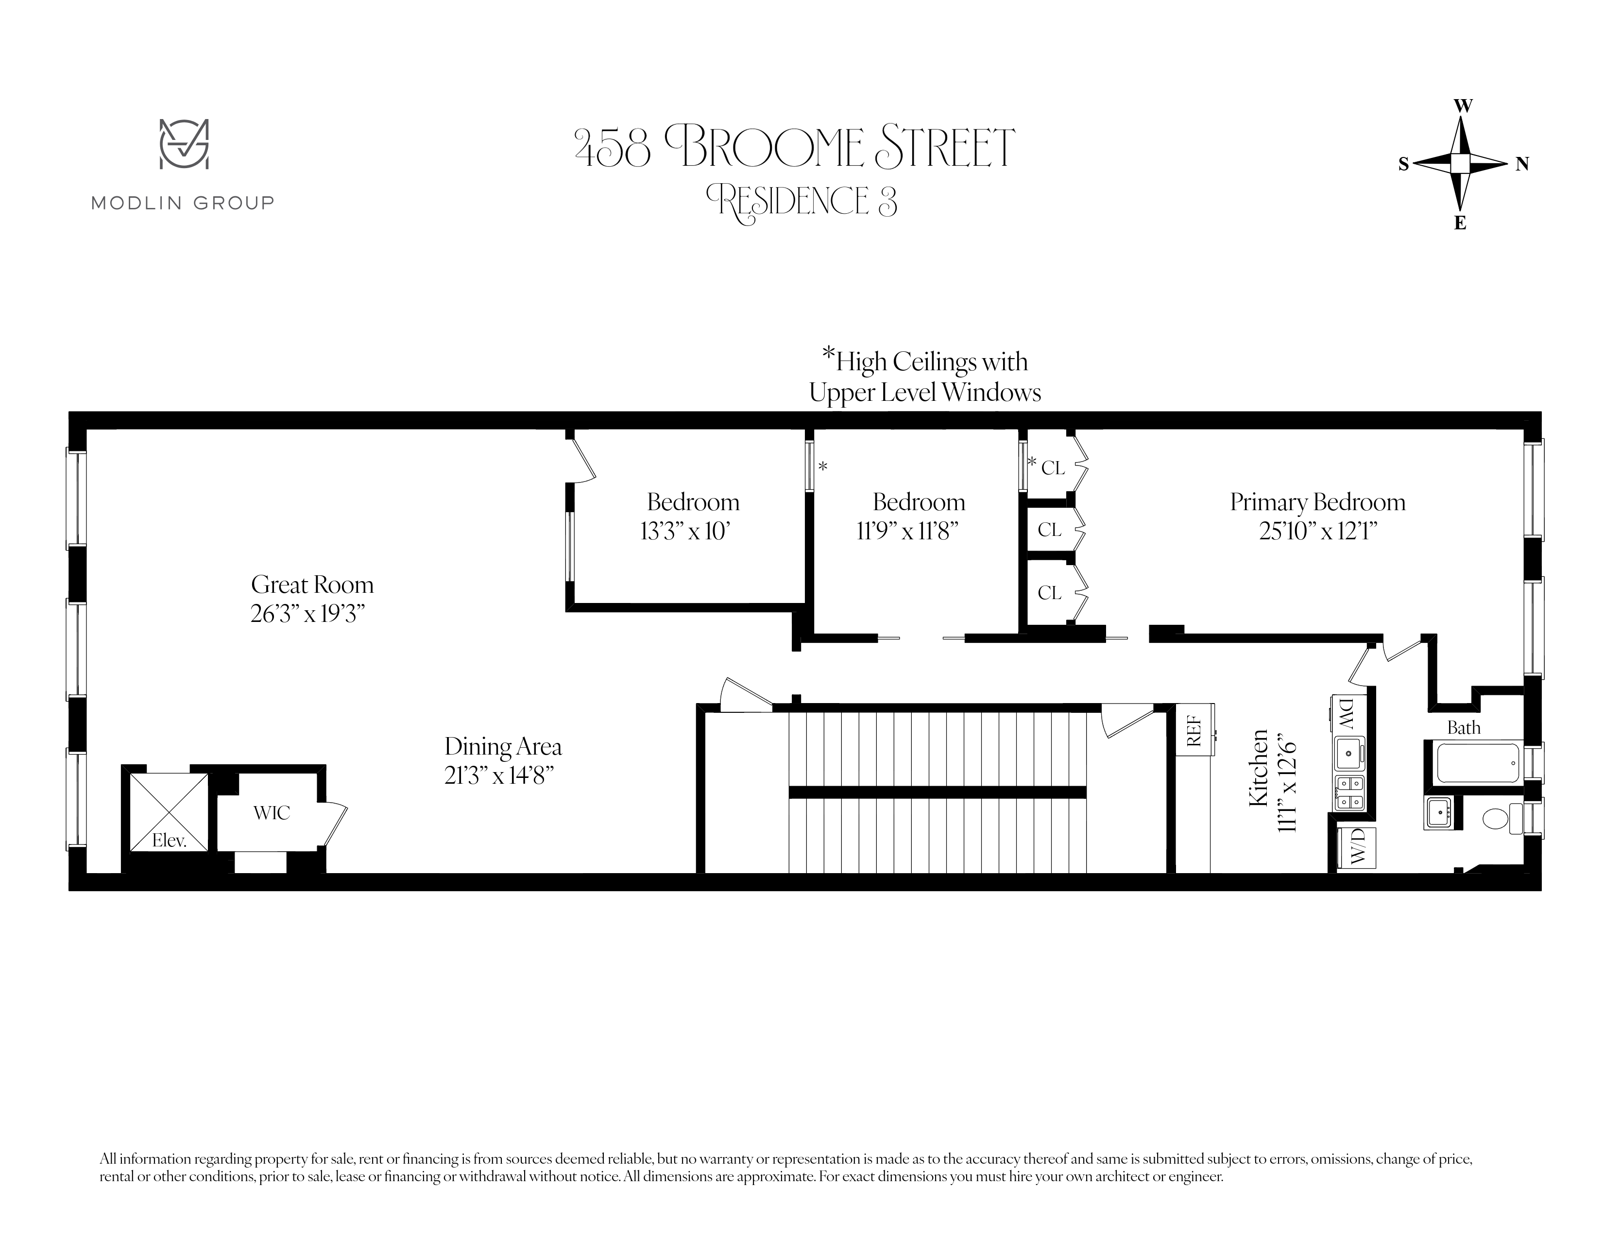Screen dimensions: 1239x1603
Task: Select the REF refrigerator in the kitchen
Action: (x=1194, y=730)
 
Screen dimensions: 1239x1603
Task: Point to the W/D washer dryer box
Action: (x=1356, y=848)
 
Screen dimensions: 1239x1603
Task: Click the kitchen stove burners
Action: (x=1349, y=793)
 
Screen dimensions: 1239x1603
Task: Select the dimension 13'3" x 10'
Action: (x=685, y=532)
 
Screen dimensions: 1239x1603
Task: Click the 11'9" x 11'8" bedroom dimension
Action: (x=908, y=532)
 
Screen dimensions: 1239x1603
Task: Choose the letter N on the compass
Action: (x=1522, y=164)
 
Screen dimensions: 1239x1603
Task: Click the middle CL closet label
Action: (x=1050, y=530)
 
